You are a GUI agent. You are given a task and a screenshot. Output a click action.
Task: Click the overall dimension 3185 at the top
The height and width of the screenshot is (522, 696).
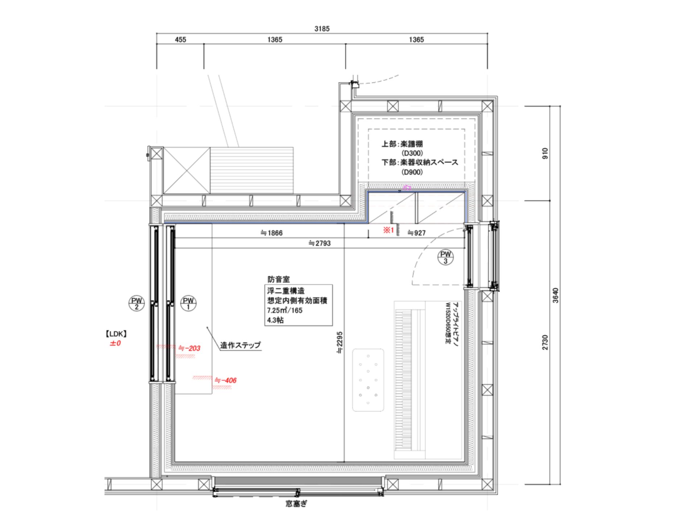tap(322, 29)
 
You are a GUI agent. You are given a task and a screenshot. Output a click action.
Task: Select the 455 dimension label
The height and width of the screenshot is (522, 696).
tap(181, 40)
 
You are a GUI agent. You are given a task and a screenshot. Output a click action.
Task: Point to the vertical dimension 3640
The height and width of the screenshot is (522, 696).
tap(556, 295)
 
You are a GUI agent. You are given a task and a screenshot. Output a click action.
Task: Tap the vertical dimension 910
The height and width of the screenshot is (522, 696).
tap(545, 153)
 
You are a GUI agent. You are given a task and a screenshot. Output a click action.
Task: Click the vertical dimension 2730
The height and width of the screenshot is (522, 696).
tap(545, 343)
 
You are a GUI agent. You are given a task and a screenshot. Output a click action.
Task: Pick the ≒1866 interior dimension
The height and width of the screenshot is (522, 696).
tap(272, 233)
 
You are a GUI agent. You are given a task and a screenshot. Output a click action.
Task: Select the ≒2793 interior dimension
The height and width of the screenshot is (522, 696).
tap(320, 243)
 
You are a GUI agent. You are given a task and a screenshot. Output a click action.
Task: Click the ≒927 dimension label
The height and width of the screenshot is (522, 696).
tap(417, 233)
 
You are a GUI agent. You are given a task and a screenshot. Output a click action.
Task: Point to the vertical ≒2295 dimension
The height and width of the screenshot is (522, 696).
tap(339, 343)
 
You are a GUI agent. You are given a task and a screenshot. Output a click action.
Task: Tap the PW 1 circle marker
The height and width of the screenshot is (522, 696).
tap(188, 303)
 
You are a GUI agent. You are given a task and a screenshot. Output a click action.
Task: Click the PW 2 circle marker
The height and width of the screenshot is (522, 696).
tap(137, 303)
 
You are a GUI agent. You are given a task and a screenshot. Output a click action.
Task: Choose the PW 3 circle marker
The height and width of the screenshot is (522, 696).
tap(446, 257)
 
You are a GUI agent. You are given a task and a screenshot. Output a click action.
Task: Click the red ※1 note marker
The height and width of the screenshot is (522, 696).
tap(389, 230)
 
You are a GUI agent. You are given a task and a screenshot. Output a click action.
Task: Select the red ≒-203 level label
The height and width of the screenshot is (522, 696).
tap(189, 348)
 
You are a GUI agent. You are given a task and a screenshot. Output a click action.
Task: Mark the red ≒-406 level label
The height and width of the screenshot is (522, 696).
tap(225, 380)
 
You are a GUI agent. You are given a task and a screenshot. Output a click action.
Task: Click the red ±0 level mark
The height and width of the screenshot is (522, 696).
tap(115, 343)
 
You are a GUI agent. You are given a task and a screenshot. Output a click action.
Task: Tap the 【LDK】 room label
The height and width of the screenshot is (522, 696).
tap(116, 334)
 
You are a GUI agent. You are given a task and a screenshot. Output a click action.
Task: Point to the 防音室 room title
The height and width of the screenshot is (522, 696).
tap(279, 279)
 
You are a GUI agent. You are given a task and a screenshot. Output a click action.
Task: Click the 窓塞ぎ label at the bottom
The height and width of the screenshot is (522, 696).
tap(297, 504)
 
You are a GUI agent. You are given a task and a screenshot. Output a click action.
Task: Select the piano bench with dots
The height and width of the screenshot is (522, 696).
tap(368, 380)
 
